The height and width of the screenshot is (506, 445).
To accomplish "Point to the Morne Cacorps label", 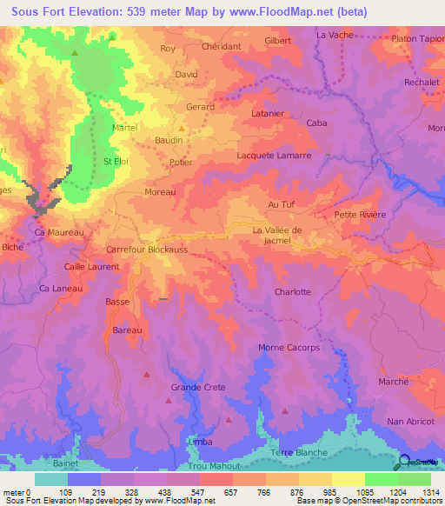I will tap(289, 348).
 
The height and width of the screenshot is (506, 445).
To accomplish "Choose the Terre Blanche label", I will tap(299, 452).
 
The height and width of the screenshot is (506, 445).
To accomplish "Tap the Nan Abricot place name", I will tap(408, 421).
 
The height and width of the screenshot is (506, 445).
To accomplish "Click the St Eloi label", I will tap(116, 161).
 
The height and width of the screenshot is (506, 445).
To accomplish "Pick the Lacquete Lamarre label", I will tap(274, 155).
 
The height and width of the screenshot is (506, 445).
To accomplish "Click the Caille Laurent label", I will tap(91, 266).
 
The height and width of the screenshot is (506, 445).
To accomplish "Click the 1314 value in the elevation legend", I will tap(431, 490).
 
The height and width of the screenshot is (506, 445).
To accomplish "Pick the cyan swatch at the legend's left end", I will tap(51, 479).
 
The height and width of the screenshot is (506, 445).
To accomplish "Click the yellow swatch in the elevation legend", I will tap(348, 479).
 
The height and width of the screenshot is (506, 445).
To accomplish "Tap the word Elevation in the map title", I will tap(92, 11).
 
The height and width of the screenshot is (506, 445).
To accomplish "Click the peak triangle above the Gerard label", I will tap(194, 92).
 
